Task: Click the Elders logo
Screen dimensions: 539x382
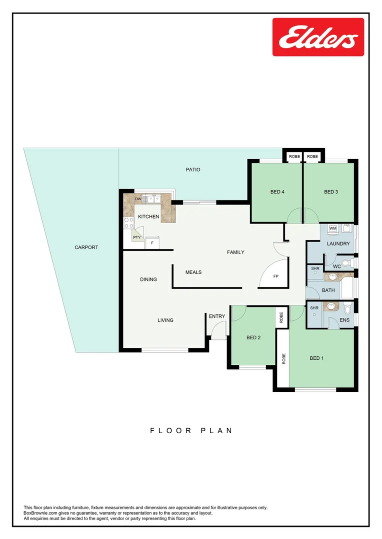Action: tap(318, 37)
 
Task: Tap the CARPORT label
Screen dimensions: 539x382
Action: tap(86, 247)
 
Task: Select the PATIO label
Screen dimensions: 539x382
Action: tap(193, 170)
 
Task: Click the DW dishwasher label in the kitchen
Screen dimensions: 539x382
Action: tap(138, 199)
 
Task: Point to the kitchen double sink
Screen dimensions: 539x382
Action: tap(152, 199)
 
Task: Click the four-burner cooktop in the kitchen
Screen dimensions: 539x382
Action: tap(128, 223)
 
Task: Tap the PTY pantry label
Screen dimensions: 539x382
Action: tap(136, 238)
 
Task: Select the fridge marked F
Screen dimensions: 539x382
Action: tap(152, 243)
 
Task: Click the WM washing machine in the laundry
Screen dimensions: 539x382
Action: tap(332, 229)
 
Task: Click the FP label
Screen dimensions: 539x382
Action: tap(275, 276)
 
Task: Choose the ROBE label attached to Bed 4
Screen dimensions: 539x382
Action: tap(294, 157)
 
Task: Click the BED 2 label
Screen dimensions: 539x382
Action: tap(253, 338)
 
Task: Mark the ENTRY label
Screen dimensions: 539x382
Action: tap(217, 316)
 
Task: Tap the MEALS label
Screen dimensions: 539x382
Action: tap(193, 272)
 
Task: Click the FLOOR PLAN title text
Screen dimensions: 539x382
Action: tap(191, 430)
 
